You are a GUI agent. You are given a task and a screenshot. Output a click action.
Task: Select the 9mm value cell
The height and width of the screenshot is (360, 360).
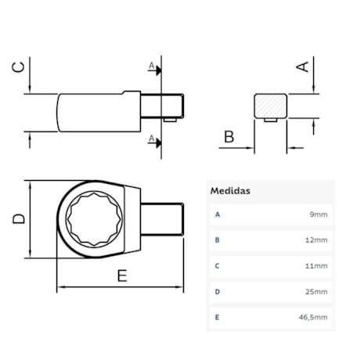point(319,214)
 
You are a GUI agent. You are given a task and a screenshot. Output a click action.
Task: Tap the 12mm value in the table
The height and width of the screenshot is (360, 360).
point(317,239)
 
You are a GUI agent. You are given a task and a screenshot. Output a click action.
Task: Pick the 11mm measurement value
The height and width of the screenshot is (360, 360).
point(317,265)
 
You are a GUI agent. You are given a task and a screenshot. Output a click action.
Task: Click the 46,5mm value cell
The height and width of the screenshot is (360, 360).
point(315,317)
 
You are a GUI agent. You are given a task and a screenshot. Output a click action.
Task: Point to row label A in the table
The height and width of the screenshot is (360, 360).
point(217,214)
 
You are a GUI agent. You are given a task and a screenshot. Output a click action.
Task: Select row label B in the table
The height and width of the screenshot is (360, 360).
point(217,239)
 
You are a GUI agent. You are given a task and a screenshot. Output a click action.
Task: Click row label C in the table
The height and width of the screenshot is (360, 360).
point(217,265)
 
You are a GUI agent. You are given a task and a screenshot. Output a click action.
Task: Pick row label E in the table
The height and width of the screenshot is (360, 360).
point(217,317)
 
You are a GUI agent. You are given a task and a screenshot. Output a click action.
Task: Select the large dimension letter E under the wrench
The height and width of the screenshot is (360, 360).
point(122,275)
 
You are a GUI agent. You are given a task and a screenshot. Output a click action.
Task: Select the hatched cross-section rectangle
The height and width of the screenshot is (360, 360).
point(271,106)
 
